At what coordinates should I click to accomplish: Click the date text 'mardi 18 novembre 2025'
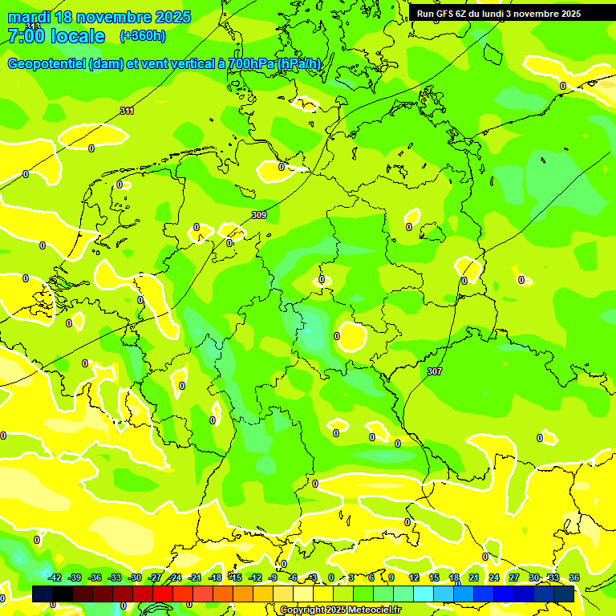(99, 17)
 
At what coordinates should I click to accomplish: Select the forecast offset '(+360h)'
(143, 36)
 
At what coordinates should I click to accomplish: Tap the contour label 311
(127, 111)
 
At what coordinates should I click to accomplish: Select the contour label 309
(258, 215)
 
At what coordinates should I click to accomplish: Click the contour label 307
(434, 371)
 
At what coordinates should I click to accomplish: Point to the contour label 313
(32, 26)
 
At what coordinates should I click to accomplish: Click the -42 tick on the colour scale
(55, 577)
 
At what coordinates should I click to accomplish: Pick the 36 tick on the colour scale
(573, 577)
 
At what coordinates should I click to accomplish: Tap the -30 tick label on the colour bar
(135, 577)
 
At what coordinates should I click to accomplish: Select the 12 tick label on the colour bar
(414, 577)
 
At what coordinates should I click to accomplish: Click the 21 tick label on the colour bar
(473, 577)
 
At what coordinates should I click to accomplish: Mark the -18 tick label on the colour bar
(215, 577)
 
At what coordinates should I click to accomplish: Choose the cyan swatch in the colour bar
(423, 594)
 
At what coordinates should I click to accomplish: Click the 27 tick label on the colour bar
(513, 577)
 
